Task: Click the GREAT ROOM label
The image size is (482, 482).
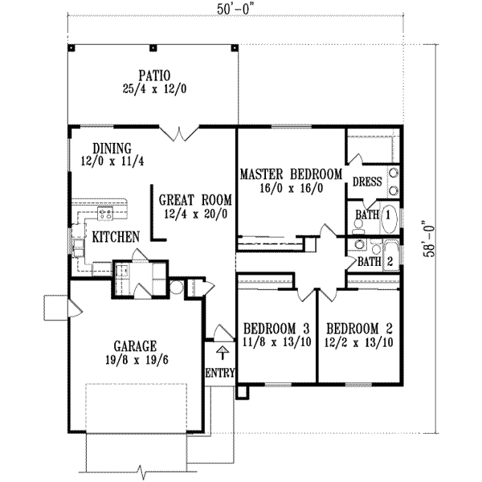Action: [195, 199]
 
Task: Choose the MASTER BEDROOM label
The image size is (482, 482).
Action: [292, 174]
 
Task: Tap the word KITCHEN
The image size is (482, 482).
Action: [116, 237]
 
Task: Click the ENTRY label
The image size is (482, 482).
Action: [219, 374]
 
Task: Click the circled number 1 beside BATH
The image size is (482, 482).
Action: [387, 215]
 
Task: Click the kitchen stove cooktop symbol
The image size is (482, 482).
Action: [104, 213]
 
